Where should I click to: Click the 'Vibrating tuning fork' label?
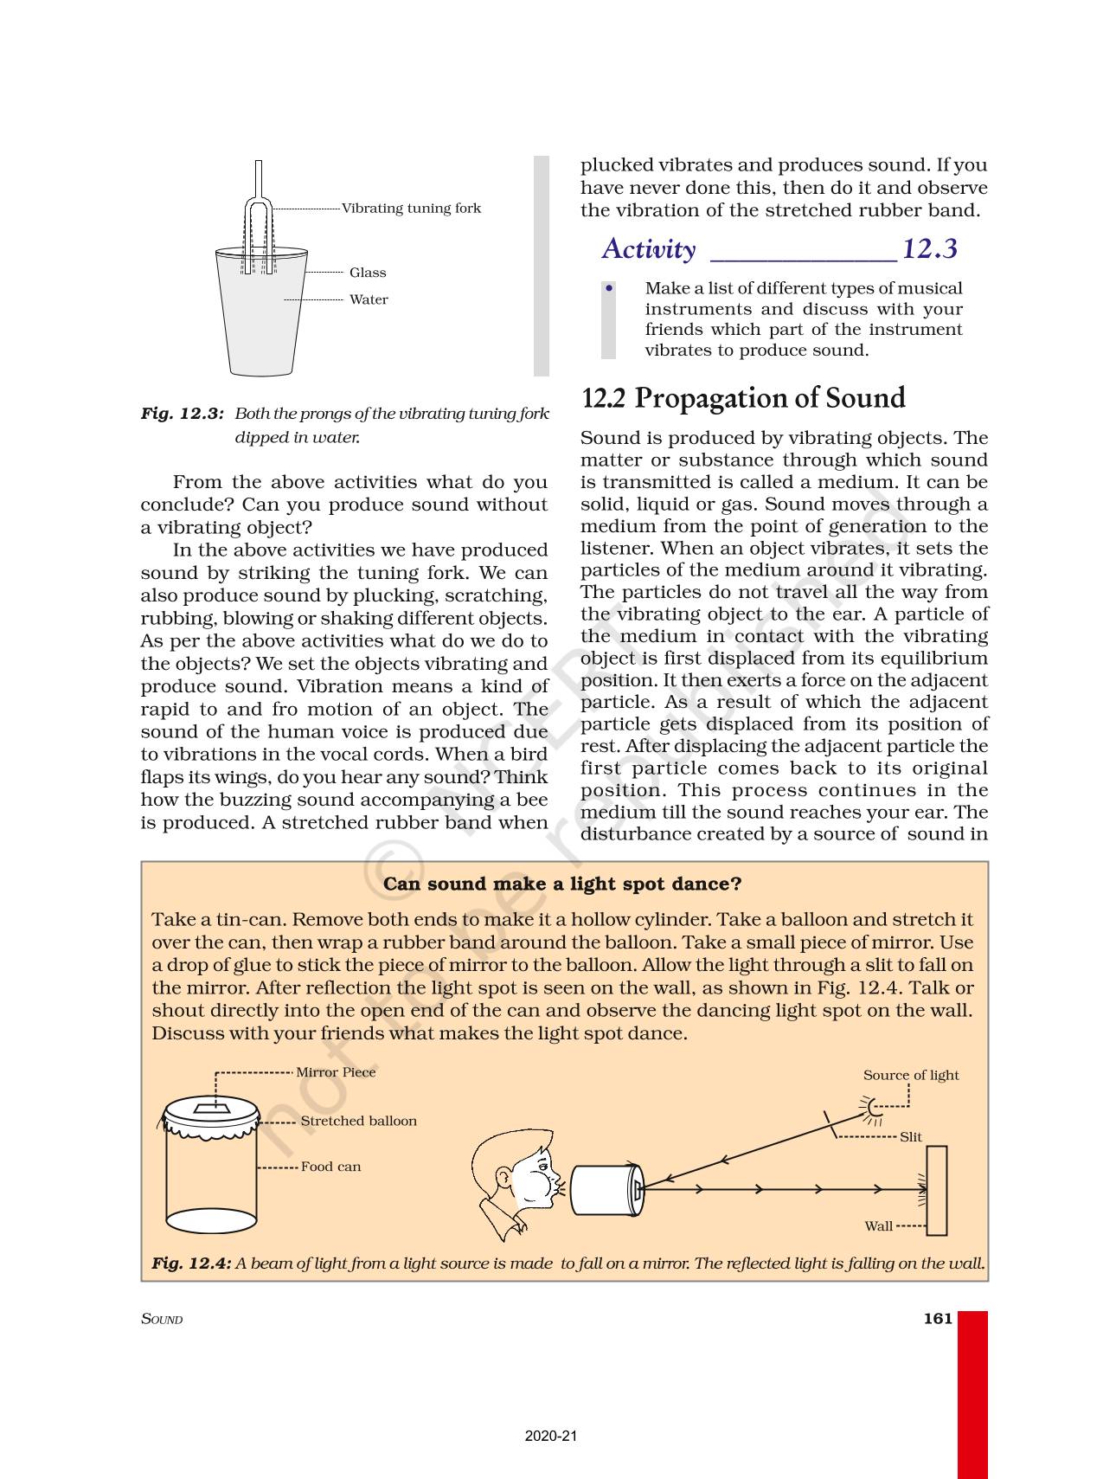click(x=411, y=209)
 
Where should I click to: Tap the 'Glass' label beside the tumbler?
click(x=368, y=273)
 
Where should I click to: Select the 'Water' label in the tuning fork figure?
click(x=369, y=299)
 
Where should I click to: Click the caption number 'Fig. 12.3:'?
click(x=183, y=414)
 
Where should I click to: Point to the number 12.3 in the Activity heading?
click(x=930, y=249)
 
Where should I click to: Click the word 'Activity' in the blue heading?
click(x=649, y=249)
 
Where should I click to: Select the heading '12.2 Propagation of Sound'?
click(x=743, y=398)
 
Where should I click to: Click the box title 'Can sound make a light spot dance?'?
click(x=562, y=884)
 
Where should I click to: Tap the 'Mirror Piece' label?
click(x=336, y=1072)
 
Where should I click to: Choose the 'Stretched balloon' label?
click(x=358, y=1121)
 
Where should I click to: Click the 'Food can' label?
click(x=330, y=1167)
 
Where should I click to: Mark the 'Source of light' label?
click(x=911, y=1075)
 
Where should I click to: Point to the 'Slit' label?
click(x=911, y=1137)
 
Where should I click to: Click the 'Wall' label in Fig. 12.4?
click(x=878, y=1226)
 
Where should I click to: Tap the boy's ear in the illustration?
click(x=503, y=1176)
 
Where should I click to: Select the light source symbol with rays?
click(x=872, y=1107)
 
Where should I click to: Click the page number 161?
click(x=938, y=1318)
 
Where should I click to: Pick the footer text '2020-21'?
click(x=551, y=1436)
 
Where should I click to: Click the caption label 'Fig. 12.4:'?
click(x=191, y=1264)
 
